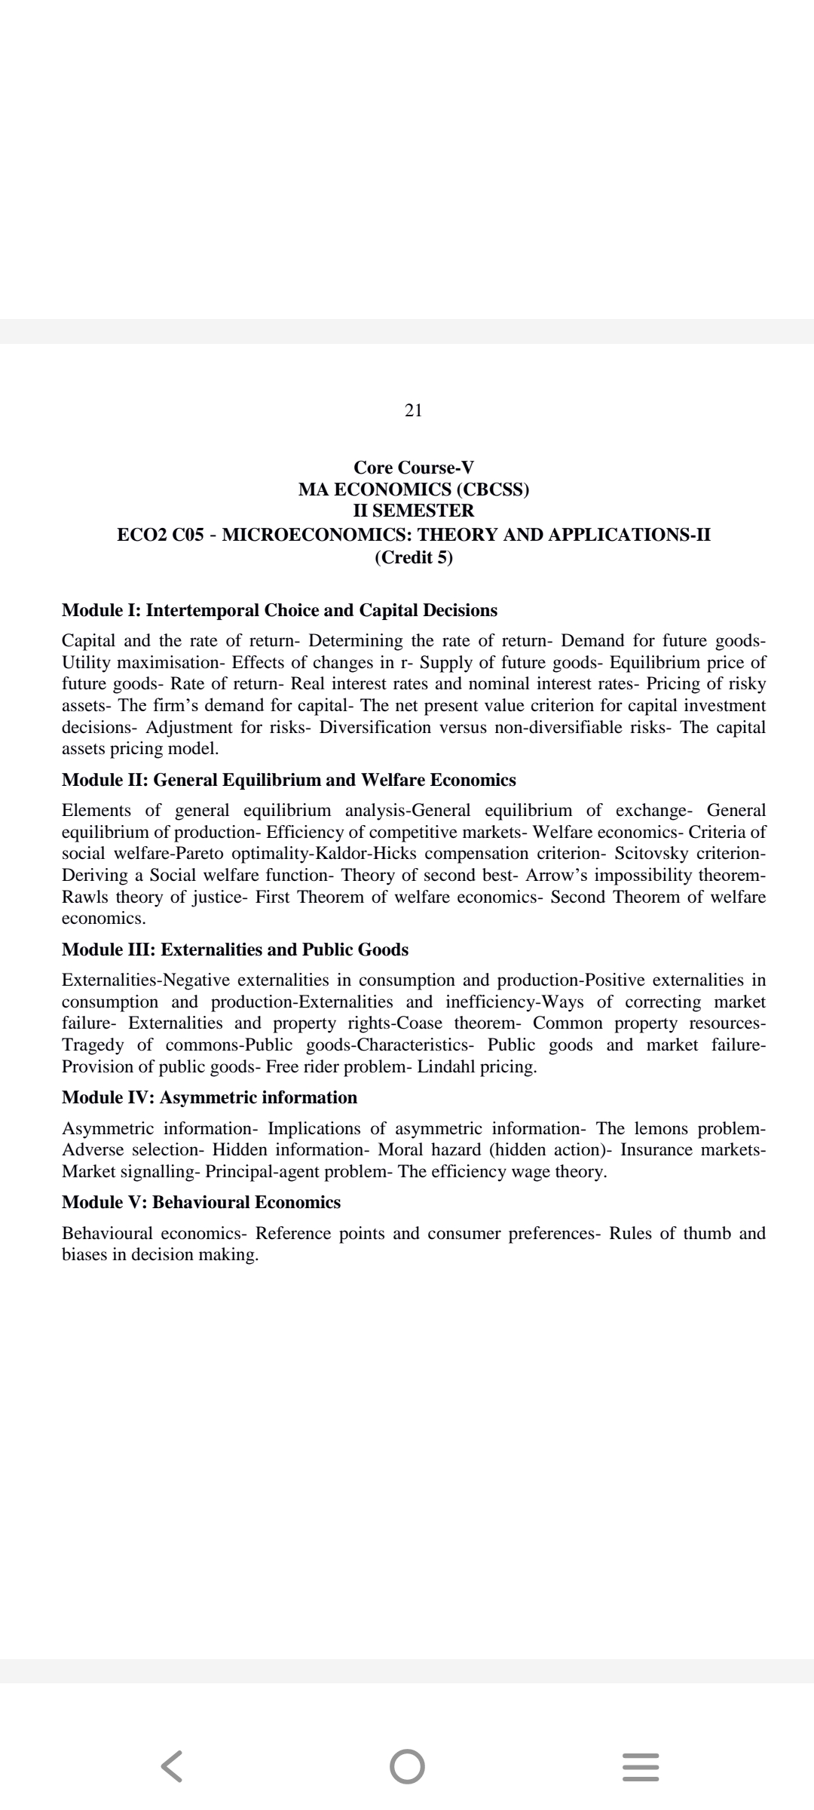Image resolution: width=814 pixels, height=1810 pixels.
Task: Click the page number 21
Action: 413,410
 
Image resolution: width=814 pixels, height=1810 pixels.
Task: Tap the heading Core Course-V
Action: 414,468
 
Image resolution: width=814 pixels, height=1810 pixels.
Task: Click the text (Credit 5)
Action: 414,557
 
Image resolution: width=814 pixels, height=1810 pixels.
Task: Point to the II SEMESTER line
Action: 414,511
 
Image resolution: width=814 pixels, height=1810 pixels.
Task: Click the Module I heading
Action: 280,610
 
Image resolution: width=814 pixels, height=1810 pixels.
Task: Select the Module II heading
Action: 289,780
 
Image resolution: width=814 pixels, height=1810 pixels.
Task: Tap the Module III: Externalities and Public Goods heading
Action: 235,949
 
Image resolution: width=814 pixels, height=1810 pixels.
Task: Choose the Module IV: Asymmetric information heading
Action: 210,1097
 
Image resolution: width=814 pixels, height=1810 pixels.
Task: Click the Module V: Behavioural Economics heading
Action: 201,1202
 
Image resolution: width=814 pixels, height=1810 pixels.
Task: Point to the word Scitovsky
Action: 650,854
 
